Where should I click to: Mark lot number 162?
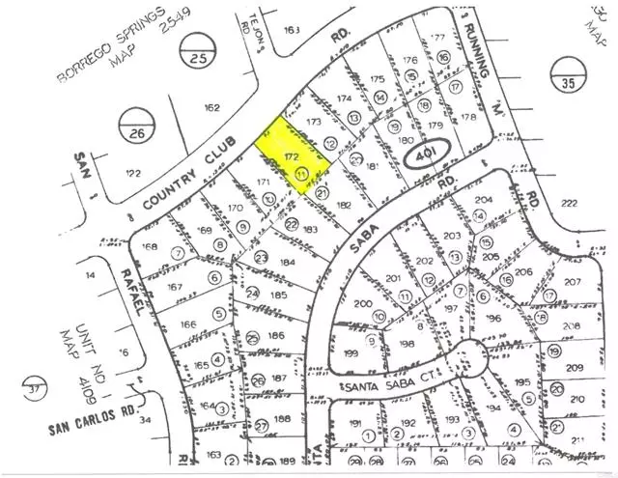(x=212, y=107)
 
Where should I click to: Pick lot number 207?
(x=574, y=283)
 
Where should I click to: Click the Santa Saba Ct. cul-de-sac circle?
(x=464, y=356)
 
